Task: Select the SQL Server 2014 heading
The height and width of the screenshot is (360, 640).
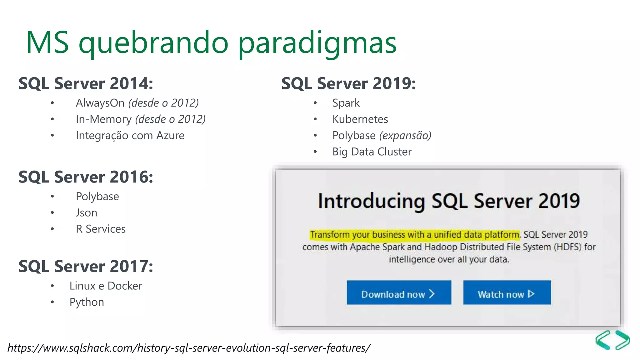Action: point(86,83)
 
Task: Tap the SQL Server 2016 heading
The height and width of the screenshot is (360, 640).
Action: point(86,177)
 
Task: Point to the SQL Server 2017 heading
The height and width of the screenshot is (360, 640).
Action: point(86,267)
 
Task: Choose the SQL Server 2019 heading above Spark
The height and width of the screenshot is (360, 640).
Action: point(348,83)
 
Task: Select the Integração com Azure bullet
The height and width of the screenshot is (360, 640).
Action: point(130,135)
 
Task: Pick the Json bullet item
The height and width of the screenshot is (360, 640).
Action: point(87,213)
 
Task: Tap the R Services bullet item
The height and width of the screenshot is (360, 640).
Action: point(101,229)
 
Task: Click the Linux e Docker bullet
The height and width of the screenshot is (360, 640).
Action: point(106,286)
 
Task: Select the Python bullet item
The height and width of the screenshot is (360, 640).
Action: point(87,302)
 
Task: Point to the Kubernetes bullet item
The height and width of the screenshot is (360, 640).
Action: point(360,119)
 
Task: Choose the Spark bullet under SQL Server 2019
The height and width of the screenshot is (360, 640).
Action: point(346,103)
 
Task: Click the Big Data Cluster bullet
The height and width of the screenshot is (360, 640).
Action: point(372,152)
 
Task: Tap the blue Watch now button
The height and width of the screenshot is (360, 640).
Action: point(507,293)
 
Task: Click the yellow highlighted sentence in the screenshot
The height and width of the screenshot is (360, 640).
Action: point(415,234)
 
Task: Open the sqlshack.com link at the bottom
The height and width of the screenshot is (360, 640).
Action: point(189,348)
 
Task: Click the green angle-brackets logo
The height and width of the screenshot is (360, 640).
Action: point(612,340)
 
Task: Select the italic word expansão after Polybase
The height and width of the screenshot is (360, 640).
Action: point(405,135)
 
